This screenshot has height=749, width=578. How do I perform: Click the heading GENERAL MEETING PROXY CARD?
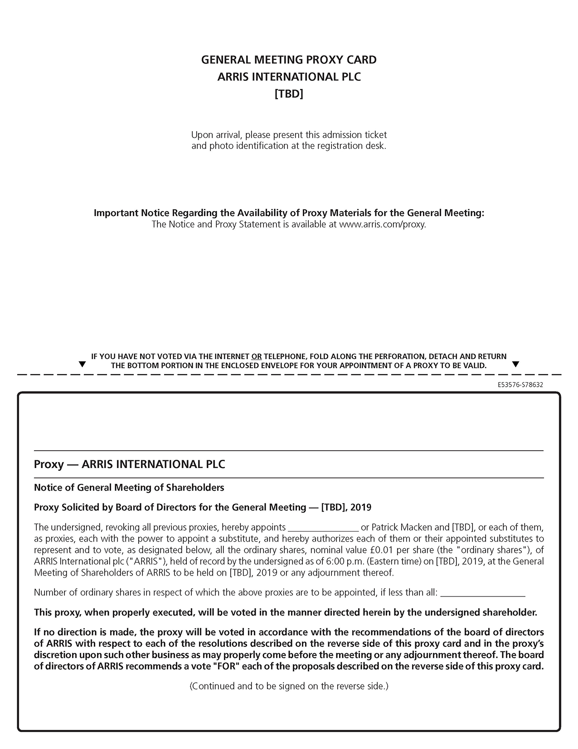point(289,60)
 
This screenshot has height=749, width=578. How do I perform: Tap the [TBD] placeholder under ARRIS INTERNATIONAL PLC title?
point(289,94)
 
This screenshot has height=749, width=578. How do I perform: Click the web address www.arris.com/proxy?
point(382,224)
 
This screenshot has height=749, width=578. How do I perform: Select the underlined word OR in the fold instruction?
point(256,357)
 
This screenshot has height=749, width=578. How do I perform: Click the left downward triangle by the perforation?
point(82,365)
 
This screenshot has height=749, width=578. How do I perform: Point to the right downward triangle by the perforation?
point(515,365)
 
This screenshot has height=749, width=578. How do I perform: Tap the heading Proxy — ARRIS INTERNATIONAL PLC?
point(130,464)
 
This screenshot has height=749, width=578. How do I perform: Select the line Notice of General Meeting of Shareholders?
point(129,488)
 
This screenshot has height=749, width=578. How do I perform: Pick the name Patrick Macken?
point(399,527)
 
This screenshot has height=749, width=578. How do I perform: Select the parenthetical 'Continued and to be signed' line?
point(289,686)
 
